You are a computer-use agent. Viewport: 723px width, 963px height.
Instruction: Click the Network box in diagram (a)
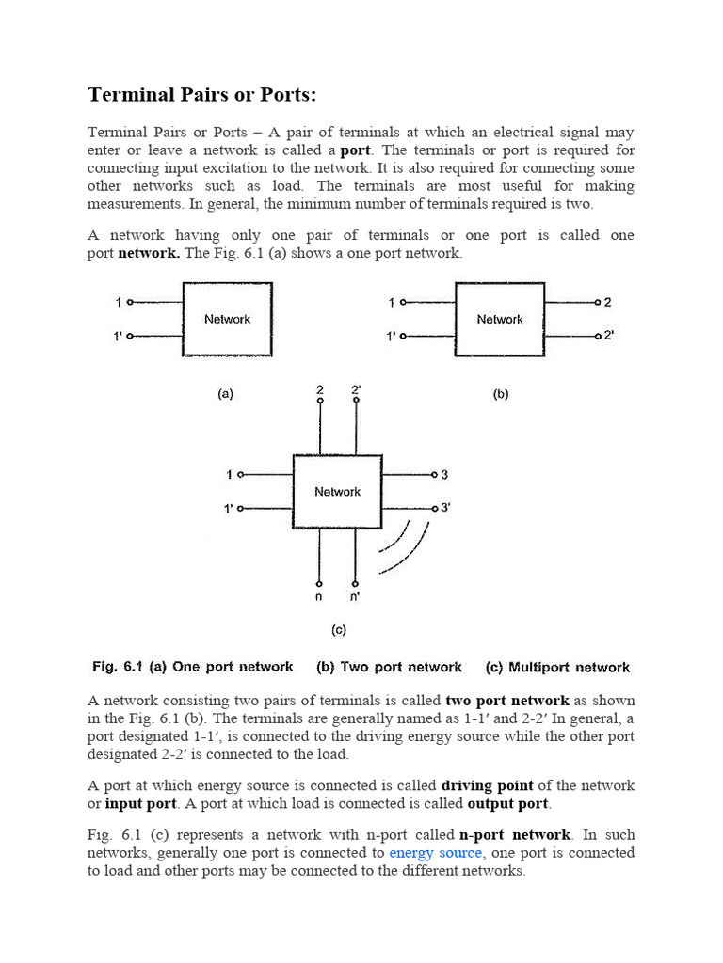click(x=227, y=320)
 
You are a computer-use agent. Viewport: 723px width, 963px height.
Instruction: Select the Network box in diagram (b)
click(x=499, y=320)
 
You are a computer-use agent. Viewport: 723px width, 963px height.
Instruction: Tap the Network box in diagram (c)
click(x=337, y=492)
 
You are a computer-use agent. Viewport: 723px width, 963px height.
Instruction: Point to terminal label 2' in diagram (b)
click(x=609, y=336)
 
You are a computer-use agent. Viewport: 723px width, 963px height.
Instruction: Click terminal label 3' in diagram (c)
click(x=445, y=508)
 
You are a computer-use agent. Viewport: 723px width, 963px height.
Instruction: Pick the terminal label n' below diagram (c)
click(x=355, y=596)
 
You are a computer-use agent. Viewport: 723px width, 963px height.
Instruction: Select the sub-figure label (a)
click(x=226, y=395)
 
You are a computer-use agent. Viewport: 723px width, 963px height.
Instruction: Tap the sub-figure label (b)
click(x=500, y=395)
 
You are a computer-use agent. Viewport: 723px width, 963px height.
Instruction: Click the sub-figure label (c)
click(x=338, y=630)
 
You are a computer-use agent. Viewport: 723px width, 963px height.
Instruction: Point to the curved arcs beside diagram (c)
click(x=405, y=545)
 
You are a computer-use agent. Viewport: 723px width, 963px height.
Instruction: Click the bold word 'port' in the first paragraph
click(x=355, y=150)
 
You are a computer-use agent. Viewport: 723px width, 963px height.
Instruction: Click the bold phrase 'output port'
click(x=508, y=803)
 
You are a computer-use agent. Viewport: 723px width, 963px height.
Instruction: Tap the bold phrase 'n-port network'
click(x=514, y=834)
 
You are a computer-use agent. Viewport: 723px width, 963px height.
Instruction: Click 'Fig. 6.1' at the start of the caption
click(x=117, y=667)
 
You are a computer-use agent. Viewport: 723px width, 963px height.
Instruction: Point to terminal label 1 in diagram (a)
click(x=119, y=302)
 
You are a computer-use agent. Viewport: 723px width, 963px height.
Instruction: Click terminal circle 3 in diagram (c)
click(x=433, y=475)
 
